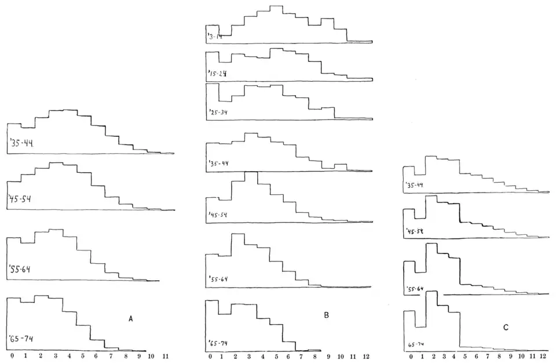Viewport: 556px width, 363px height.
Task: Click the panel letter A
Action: [x=131, y=318]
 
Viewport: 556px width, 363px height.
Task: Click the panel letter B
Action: [x=327, y=315]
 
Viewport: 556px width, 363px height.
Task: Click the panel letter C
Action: [x=506, y=328]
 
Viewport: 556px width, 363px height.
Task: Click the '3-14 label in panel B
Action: [x=215, y=37]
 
